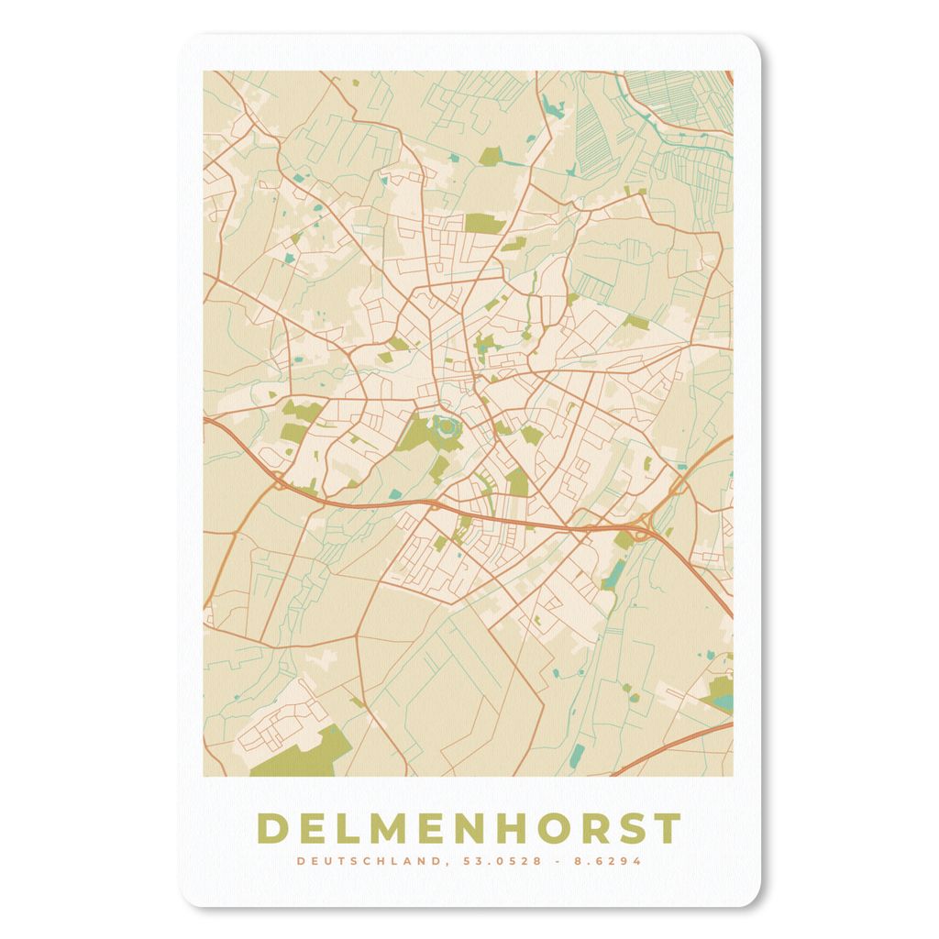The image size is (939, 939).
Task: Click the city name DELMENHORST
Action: pyautogui.click(x=469, y=827)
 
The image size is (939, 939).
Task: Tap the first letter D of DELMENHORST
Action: pyautogui.click(x=272, y=827)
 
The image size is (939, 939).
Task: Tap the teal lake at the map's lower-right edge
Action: pyautogui.click(x=724, y=703)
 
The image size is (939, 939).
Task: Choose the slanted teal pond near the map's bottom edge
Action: pyautogui.click(x=577, y=756)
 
